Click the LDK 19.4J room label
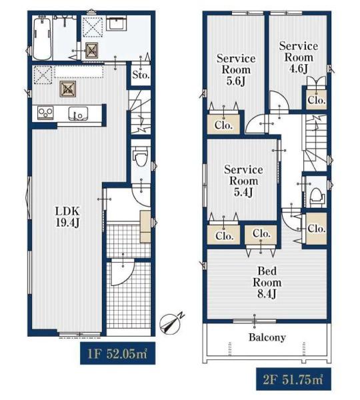click(68, 217)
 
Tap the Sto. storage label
click(141, 75)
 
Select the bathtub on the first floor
click(43, 38)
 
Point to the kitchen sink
click(78, 113)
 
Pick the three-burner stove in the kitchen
click(45, 113)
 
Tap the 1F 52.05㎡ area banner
click(117, 353)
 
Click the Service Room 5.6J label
click(236, 69)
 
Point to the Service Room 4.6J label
click(299, 57)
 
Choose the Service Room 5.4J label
click(243, 181)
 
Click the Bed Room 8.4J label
click(267, 283)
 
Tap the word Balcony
click(267, 337)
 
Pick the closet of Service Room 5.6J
click(224, 125)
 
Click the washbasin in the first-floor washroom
click(116, 23)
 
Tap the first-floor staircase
click(141, 111)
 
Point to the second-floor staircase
click(314, 143)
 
